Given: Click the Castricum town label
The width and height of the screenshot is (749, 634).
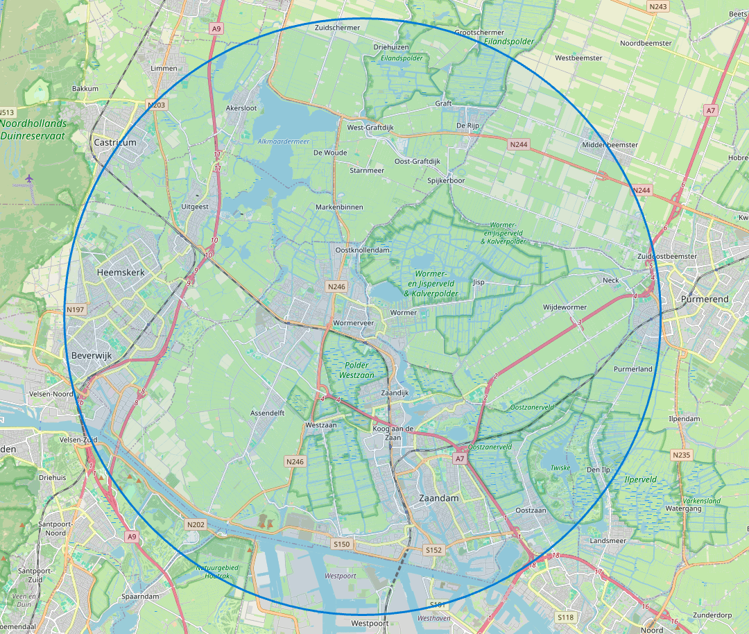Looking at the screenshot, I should click(x=114, y=142).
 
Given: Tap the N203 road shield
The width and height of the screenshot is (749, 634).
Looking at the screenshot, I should click(x=157, y=105).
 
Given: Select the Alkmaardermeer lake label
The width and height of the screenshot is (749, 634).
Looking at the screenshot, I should click(x=284, y=142).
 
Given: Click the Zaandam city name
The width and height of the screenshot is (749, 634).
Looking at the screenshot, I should click(x=439, y=498).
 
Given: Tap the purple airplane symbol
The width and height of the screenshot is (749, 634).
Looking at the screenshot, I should click(x=29, y=180).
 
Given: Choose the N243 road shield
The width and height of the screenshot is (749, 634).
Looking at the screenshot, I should click(x=658, y=7).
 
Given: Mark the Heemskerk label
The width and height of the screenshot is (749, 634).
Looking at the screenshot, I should click(x=121, y=273).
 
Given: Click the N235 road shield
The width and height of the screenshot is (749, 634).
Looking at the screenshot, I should click(x=681, y=455).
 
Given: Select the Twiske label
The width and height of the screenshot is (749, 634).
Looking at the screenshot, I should click(x=560, y=468).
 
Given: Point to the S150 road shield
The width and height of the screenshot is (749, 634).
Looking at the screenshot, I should click(x=342, y=545).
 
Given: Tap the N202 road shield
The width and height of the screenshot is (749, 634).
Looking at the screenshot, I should click(x=196, y=525).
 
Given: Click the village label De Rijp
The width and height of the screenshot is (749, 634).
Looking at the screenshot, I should click(x=468, y=126).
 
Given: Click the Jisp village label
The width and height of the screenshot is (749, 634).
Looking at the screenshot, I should click(x=479, y=282).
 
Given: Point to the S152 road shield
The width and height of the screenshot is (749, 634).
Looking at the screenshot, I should click(x=433, y=550).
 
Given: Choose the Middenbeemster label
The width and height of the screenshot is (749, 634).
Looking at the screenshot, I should click(x=610, y=145).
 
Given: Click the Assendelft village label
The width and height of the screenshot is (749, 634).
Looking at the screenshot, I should click(x=268, y=413).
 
